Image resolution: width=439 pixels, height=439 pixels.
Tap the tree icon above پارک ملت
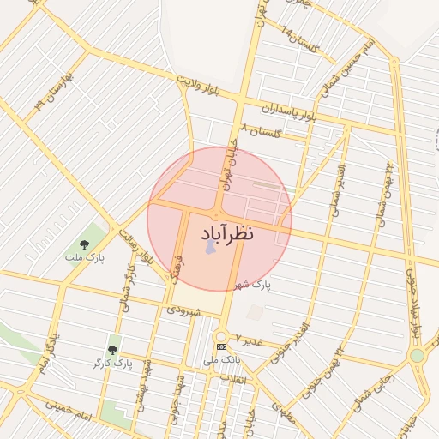coord(84,245)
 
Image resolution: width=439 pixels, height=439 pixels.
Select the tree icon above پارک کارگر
coord(113,350)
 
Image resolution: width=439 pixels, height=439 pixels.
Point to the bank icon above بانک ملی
coord(222,346)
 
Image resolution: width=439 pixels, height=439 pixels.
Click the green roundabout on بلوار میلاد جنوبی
coord(417,355)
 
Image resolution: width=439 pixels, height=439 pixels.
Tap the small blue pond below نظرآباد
coord(211,249)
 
